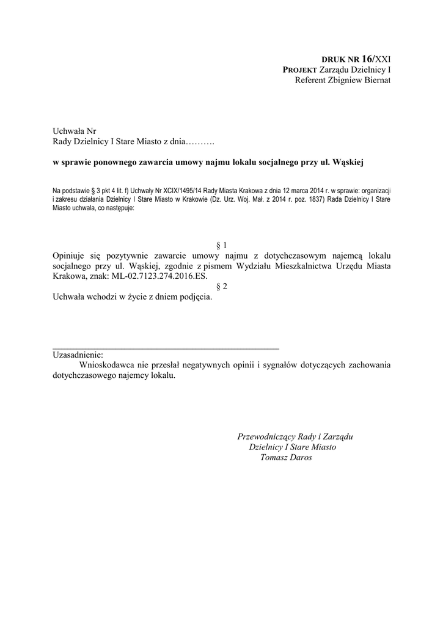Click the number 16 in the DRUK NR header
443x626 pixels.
pos(367,59)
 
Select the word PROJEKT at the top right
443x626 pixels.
pos(299,70)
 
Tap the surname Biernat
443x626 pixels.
pos(375,80)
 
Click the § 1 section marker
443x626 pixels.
pos(222,245)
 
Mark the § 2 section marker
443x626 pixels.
pos(222,286)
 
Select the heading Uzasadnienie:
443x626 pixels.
pos(78,355)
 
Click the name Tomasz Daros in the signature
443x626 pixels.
pos(285,458)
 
